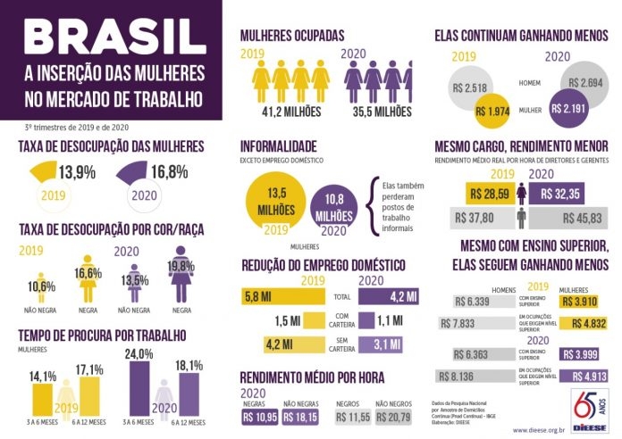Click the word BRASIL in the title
coord(113,36)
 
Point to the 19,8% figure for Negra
coord(181,265)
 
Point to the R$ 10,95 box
coord(258,417)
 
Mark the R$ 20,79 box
coord(394,417)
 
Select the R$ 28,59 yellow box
coord(488,192)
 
